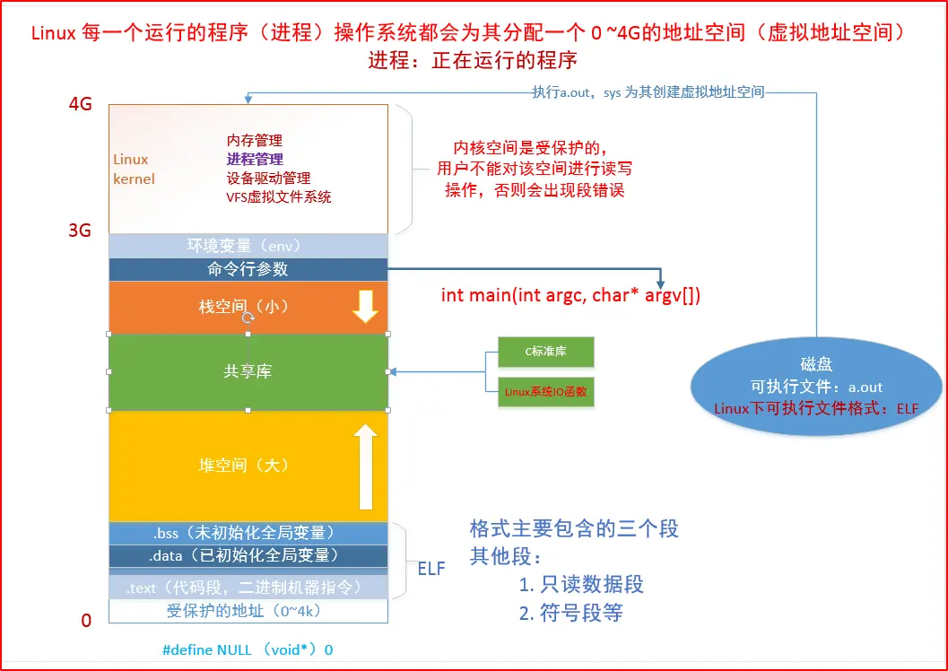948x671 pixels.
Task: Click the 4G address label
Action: [80, 103]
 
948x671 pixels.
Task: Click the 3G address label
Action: [80, 231]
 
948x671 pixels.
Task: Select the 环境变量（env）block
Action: [248, 246]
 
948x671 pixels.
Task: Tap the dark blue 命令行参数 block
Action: [248, 269]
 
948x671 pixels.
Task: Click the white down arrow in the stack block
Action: [364, 306]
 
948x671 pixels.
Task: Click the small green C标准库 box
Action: [545, 352]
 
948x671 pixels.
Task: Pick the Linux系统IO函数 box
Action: [545, 392]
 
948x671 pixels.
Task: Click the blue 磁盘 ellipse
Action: [816, 386]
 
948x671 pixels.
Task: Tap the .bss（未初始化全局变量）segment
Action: [248, 533]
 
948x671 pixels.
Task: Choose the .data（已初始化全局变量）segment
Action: [248, 555]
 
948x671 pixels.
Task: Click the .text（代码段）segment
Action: [248, 588]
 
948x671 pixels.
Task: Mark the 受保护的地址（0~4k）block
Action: [248, 611]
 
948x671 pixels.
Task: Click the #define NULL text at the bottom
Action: [248, 649]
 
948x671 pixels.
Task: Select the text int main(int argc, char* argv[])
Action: [570, 295]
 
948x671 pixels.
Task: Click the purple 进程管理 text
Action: [255, 159]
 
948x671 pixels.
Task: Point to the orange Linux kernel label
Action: [134, 169]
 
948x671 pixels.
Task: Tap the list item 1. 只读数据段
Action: [581, 585]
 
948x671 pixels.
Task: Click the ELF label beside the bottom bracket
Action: [431, 567]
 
